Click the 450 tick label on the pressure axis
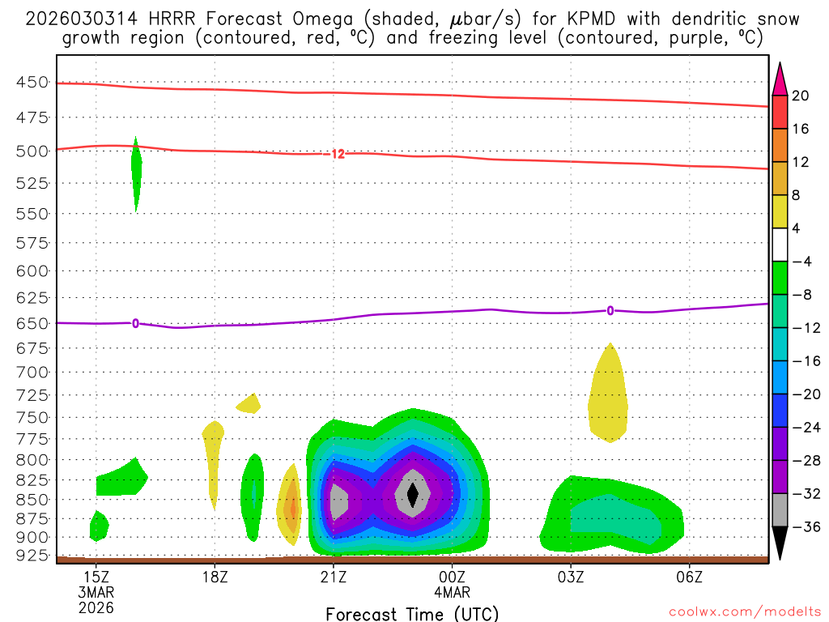32,82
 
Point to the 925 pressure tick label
32,556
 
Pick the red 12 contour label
338,154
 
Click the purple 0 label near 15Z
135,323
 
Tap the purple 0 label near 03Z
610,310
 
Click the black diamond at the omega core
413,494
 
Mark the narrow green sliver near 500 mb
136,172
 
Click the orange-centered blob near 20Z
291,509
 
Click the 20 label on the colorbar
801,96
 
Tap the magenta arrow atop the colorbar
780,79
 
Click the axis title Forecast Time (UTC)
412,614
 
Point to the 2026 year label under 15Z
96,607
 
